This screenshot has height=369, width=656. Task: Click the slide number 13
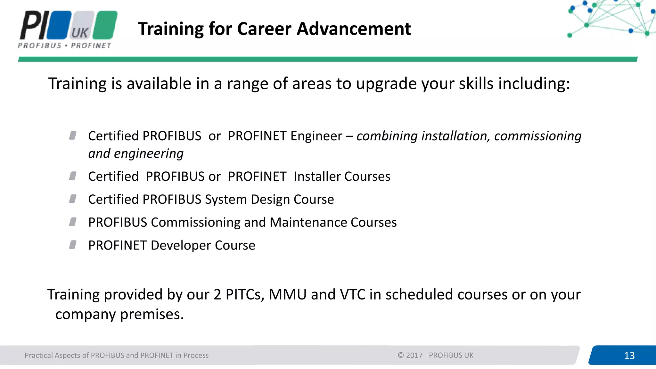[629, 356]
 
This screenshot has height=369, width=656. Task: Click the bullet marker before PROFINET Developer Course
[73, 245]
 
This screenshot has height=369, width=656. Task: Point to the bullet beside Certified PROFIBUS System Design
[73, 199]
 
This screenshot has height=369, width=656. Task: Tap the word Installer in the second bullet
[317, 176]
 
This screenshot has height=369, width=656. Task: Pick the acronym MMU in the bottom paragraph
[287, 294]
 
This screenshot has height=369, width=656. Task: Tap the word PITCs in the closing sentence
[245, 294]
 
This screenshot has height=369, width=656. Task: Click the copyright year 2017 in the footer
[414, 355]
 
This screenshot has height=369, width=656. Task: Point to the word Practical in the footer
[38, 355]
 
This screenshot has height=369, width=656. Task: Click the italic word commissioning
[537, 136]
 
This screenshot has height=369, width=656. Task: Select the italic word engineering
[149, 154]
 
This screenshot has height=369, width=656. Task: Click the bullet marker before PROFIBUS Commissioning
[73, 222]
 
